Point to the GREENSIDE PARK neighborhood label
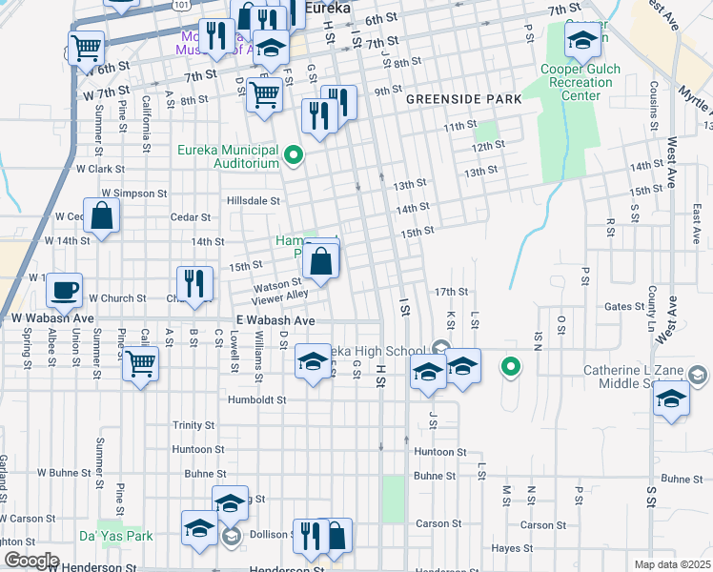463,98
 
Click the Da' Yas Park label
124,536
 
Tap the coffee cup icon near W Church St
65,289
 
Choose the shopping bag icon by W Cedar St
102,215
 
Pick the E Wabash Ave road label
275,321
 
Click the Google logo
31,561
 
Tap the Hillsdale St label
253,201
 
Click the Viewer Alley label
280,296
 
